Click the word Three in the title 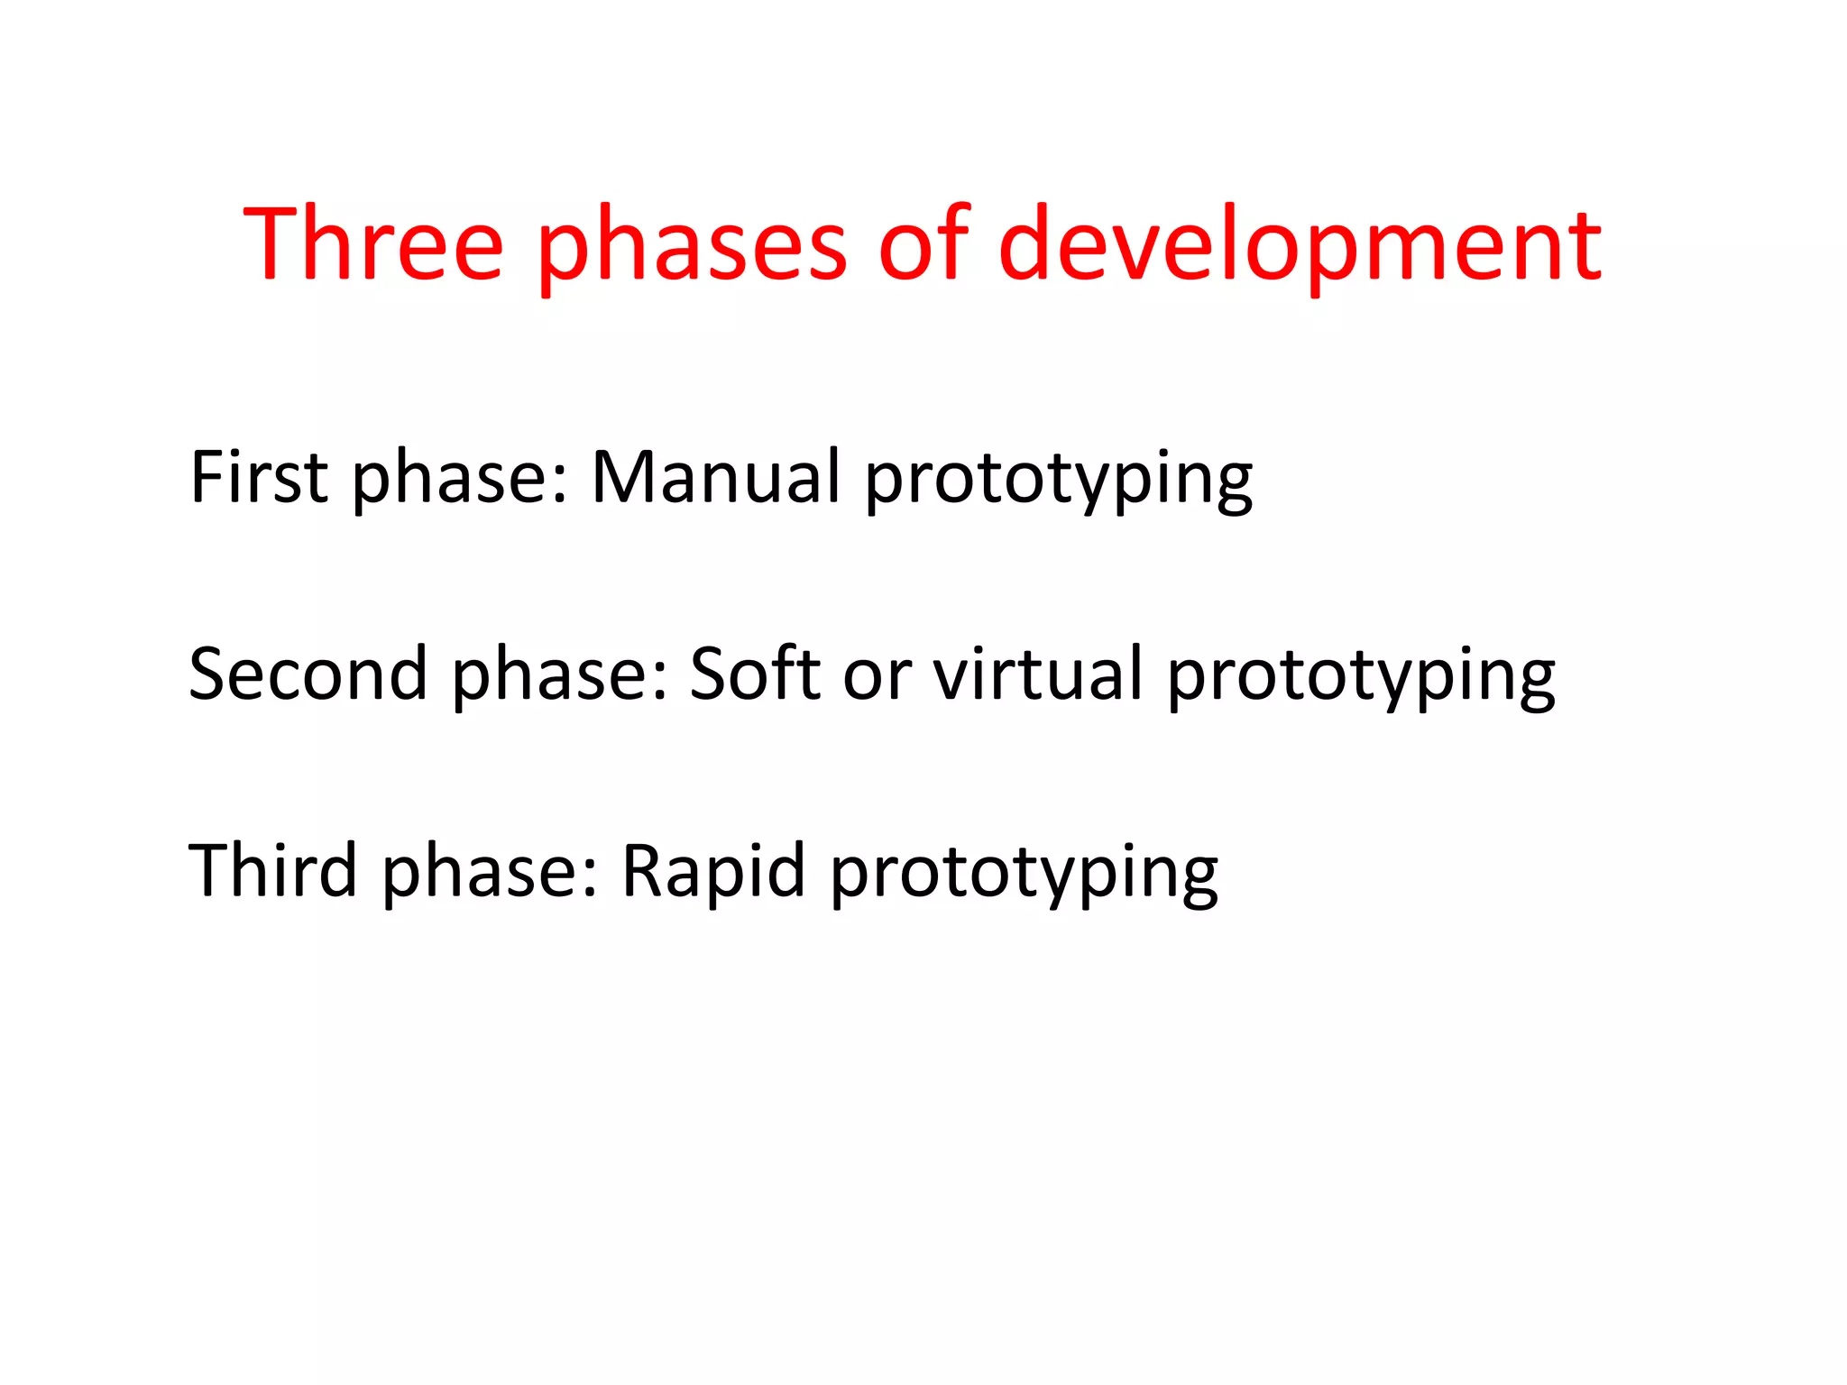(372, 244)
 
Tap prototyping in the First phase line (1059, 480)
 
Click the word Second (308, 674)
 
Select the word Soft (755, 674)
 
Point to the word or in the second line (877, 678)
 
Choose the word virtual (1038, 674)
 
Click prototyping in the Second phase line (1361, 678)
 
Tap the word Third (272, 870)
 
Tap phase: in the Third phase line (491, 874)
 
